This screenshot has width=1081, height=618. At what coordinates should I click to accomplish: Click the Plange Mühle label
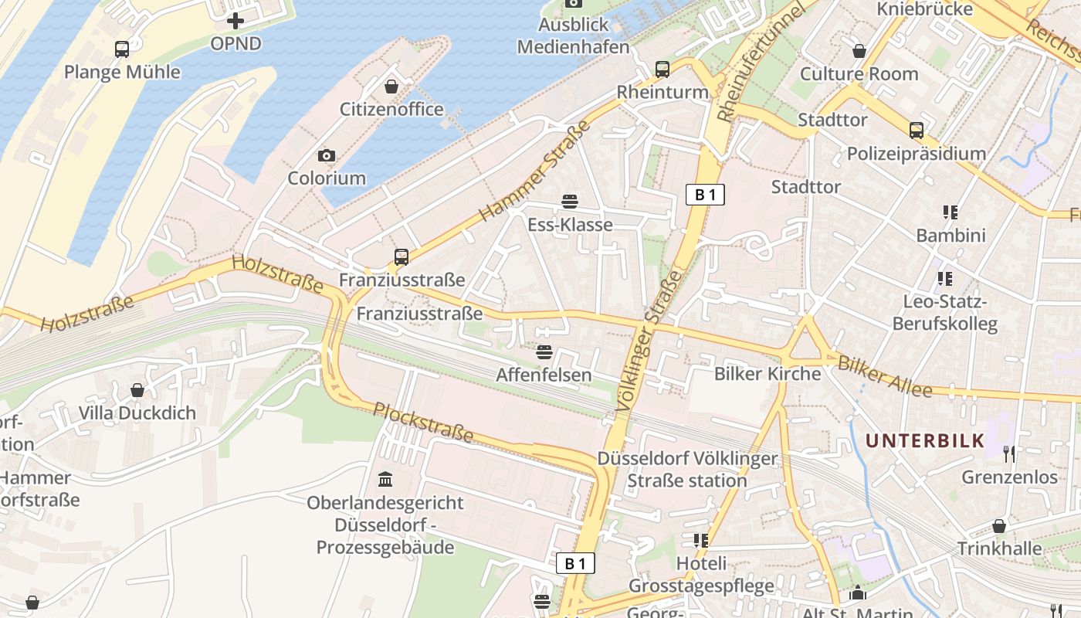122,73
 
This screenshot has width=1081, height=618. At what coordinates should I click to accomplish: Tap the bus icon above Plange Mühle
122,49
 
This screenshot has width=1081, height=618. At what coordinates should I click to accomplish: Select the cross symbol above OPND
236,21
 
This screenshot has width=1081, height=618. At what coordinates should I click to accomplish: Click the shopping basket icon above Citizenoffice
391,86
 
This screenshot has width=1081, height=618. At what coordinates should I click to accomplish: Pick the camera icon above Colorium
327,155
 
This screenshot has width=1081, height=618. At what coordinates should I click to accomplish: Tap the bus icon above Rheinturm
662,69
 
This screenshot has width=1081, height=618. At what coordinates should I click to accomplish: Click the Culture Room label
859,74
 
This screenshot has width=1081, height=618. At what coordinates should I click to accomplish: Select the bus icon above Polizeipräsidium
917,130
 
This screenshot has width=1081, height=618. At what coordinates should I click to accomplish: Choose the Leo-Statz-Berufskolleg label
944,313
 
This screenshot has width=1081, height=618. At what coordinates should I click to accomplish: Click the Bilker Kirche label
768,374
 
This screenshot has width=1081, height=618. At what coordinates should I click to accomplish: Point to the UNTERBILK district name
925,441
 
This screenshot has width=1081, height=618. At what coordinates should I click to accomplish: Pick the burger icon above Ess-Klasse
570,202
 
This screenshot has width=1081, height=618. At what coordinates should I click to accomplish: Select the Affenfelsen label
544,375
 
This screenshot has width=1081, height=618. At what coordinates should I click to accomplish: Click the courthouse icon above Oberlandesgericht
385,480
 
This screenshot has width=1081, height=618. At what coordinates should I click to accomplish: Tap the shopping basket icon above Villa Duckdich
137,390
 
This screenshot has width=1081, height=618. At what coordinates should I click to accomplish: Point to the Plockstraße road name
423,422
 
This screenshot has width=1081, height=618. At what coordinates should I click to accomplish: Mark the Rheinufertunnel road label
760,62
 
